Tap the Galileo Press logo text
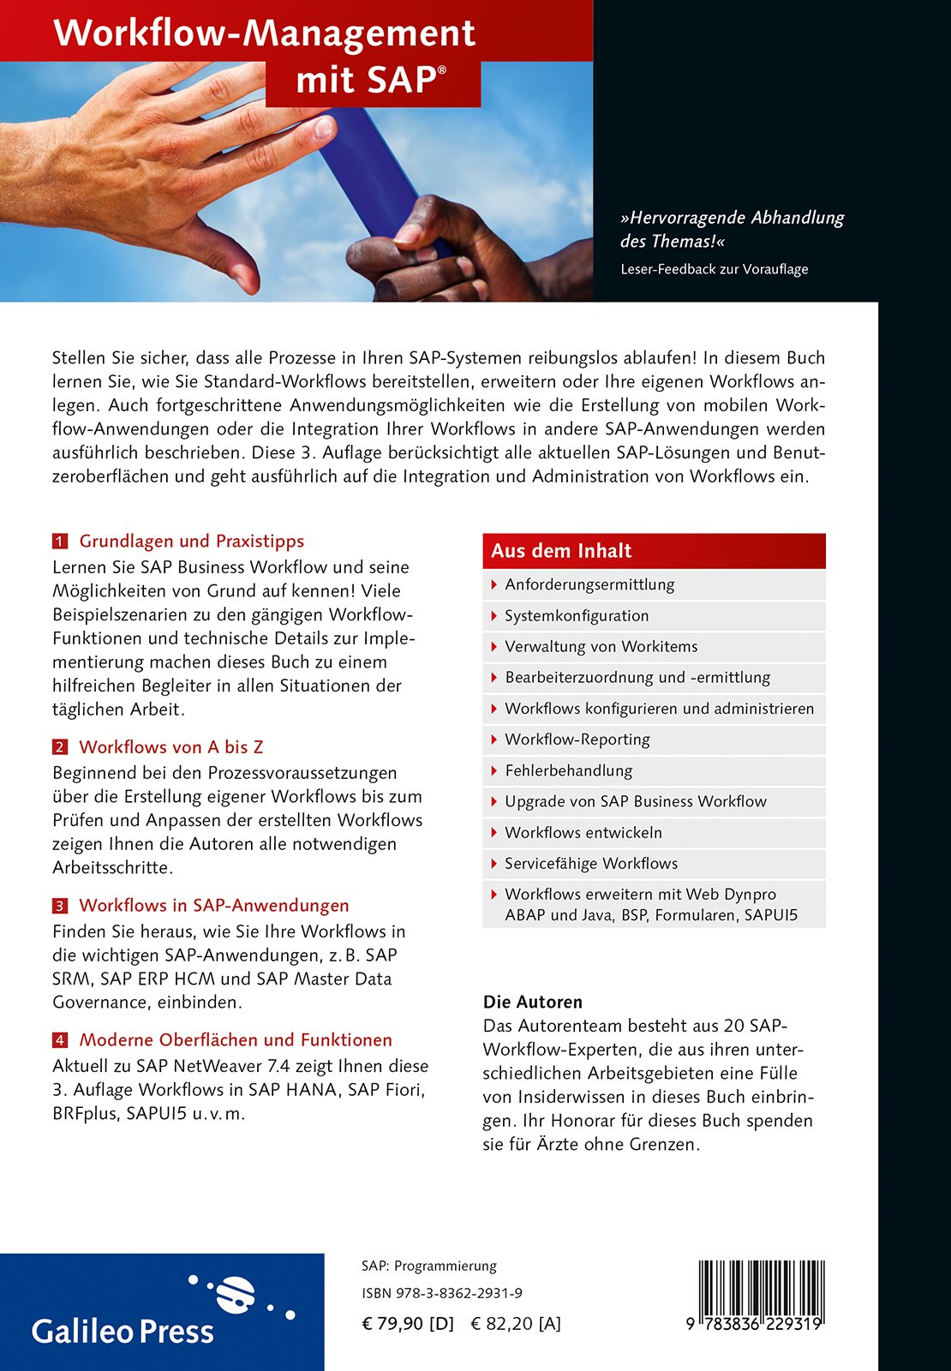123,1332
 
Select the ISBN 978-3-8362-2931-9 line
442,1294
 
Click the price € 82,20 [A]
516,1324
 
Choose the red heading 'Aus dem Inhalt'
561,551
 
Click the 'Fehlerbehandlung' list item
568,770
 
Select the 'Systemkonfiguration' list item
577,616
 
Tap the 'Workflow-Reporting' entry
577,739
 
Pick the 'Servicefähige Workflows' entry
590,864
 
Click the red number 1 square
59,542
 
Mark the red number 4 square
59,1040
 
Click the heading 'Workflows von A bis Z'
171,747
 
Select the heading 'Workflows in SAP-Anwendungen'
214,906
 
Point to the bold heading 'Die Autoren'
532,1002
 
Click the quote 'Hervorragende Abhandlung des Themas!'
732,230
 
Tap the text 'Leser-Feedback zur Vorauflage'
714,269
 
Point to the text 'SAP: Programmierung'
429,1266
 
